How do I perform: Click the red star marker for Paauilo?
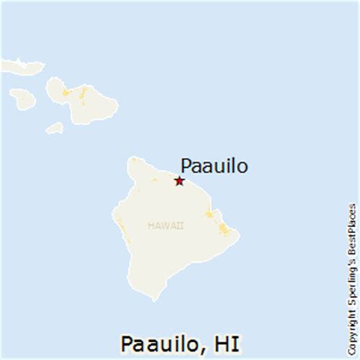pyautogui.click(x=178, y=181)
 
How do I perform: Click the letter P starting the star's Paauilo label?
pyautogui.click(x=183, y=165)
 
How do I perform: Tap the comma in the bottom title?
pyautogui.click(x=204, y=346)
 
